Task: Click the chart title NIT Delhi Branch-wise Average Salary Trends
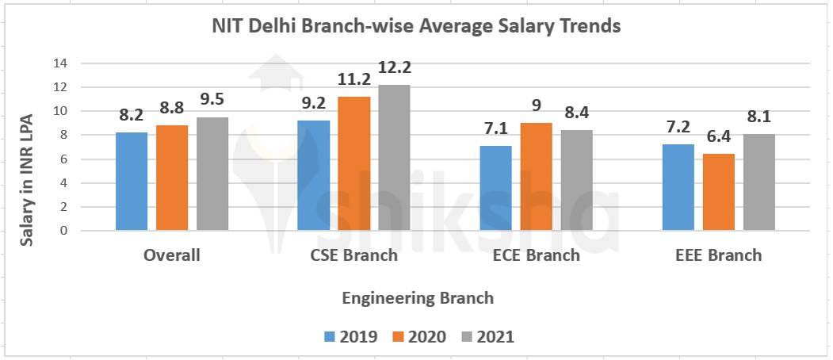pos(416,26)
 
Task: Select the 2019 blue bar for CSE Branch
pos(313,175)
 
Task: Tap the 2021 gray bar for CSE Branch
pos(394,158)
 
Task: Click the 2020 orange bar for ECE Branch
pos(537,177)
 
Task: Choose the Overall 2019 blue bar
pos(132,182)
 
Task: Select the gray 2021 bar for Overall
pos(212,174)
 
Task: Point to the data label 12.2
pos(394,68)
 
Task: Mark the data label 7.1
pos(496,129)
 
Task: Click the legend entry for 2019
pos(350,336)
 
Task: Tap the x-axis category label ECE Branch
pos(537,255)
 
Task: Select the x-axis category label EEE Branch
pos(718,255)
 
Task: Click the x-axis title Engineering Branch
pos(418,298)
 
